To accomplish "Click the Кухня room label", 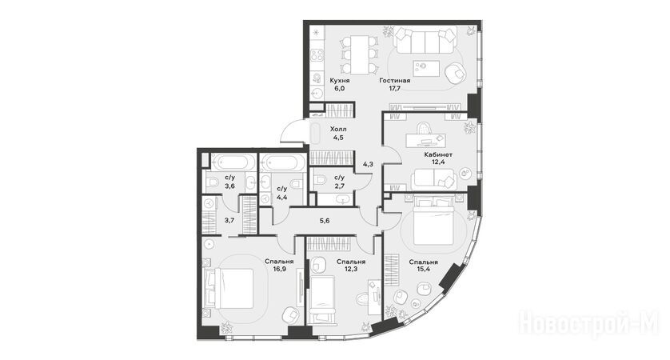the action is [x=340, y=80].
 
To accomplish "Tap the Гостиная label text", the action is [x=395, y=80].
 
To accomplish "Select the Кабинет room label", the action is [x=438, y=154].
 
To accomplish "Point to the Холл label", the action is [x=338, y=129].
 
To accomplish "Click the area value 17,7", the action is [x=395, y=89].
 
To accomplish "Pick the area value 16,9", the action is [x=279, y=270].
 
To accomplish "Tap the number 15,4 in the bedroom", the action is [x=423, y=270].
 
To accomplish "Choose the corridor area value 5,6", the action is [x=325, y=221].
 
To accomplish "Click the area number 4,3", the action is [x=368, y=164].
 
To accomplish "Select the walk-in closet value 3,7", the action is [x=229, y=221].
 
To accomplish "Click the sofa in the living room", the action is [x=425, y=40].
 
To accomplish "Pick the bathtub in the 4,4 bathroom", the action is [x=282, y=162].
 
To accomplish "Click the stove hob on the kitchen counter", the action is [x=317, y=55].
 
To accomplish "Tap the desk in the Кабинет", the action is [x=425, y=140].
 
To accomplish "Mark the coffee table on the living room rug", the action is [x=426, y=67].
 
